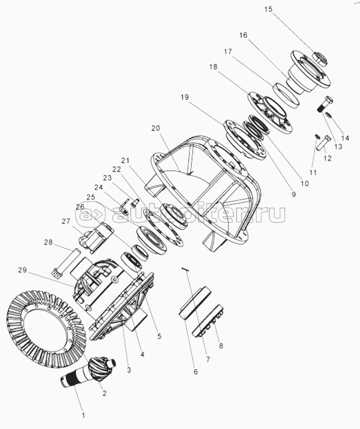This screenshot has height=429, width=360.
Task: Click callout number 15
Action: click(268, 9)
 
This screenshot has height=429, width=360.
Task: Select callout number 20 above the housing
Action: click(155, 128)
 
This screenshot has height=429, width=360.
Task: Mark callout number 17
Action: click(228, 52)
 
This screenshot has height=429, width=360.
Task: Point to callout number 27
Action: click(66, 221)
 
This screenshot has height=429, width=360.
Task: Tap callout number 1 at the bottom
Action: click(83, 415)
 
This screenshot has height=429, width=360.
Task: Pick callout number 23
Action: click(107, 177)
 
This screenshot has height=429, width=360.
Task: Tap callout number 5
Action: click(159, 336)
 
